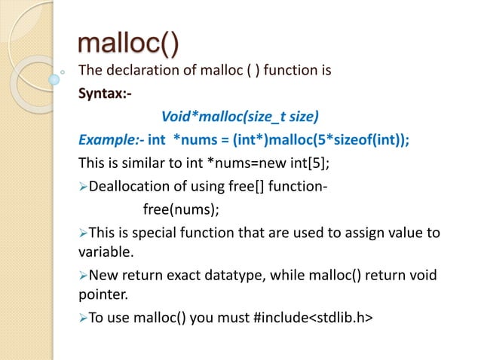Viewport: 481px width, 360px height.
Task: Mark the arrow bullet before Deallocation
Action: pos(83,187)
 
